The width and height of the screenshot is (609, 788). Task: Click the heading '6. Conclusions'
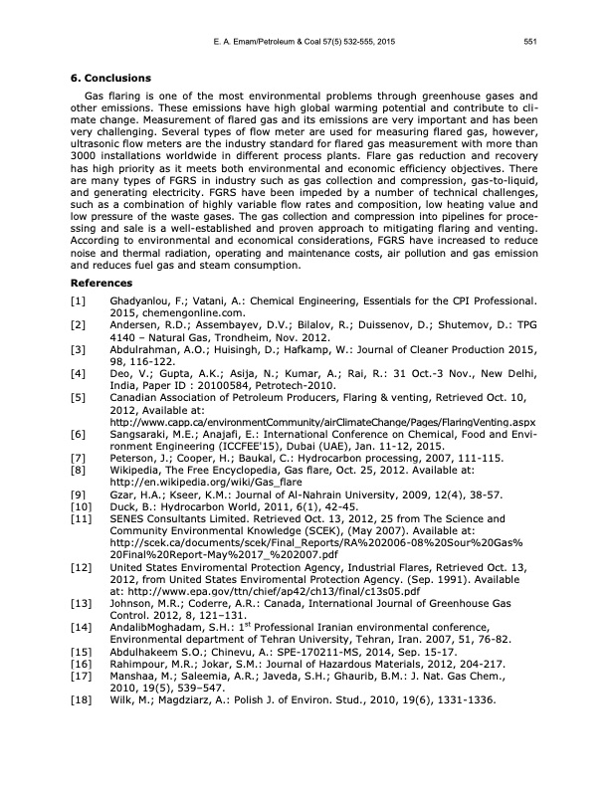[x=109, y=78]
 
